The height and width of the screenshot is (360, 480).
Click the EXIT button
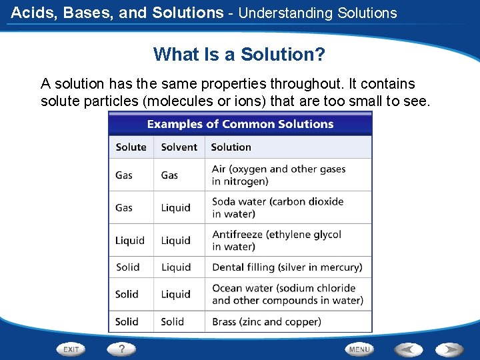[71, 349]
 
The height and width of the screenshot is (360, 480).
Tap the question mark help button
[121, 349]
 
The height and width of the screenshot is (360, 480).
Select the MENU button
[359, 349]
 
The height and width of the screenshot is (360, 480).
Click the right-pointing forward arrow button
[449, 349]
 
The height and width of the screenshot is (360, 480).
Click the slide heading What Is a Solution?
[239, 54]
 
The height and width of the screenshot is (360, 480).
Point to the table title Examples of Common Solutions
[240, 124]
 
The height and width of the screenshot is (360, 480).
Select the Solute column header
[131, 147]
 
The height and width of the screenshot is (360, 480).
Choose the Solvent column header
[179, 147]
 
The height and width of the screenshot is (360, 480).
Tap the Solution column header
[231, 147]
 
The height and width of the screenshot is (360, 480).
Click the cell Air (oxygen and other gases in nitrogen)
[279, 175]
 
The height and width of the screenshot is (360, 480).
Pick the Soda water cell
[277, 207]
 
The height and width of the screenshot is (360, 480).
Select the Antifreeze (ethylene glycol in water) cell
[277, 240]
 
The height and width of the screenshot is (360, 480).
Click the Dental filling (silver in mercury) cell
[287, 267]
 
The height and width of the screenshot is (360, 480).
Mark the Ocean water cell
[287, 294]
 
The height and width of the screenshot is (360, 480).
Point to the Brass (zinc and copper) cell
[266, 321]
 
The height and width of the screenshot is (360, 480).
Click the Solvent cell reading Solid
[172, 321]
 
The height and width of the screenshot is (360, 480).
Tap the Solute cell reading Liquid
[129, 240]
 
